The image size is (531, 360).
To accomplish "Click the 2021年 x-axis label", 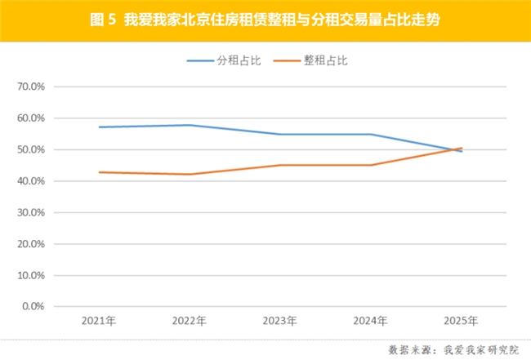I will pos(99,321).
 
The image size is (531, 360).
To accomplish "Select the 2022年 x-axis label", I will pos(190,321).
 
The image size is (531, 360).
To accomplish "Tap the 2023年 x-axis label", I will pos(280,321).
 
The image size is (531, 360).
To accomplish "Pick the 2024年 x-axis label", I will pos(371,321).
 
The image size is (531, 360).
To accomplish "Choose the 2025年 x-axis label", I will pos(462,321).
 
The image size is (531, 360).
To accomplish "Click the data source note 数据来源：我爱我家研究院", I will pos(453,349).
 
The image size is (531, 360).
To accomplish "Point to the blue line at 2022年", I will pos(190,125).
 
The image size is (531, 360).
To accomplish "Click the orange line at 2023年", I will pos(280,165).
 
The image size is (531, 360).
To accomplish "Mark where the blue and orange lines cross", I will pos(455,149).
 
